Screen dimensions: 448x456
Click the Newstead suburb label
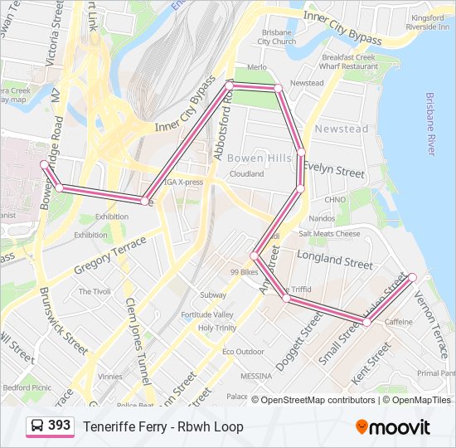point(342,129)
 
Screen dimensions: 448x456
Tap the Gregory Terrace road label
point(109,256)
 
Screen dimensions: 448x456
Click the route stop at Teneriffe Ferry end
point(412,276)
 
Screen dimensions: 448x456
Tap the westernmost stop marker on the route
point(44,165)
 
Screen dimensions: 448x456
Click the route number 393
point(59,426)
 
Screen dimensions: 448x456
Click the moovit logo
point(393,427)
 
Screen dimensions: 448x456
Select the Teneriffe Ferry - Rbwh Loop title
point(163,426)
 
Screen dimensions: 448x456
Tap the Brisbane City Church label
point(276,37)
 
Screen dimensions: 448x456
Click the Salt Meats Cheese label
point(330,234)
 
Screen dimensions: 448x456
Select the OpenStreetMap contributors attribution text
point(318,400)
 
